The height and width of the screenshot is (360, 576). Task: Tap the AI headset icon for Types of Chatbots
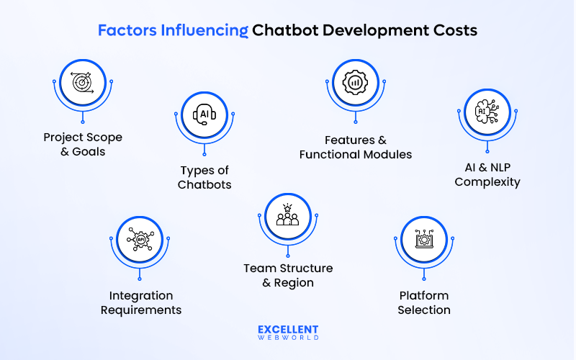[x=204, y=114]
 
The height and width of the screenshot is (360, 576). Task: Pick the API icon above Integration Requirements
[x=140, y=238]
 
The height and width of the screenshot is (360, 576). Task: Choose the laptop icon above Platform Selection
[x=425, y=238]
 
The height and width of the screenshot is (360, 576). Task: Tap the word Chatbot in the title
[x=284, y=31]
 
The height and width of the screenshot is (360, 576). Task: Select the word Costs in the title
[x=454, y=31]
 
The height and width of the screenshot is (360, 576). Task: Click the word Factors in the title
[x=121, y=31]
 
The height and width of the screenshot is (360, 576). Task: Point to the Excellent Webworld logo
[x=288, y=332]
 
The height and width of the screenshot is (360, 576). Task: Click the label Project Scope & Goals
[x=83, y=144]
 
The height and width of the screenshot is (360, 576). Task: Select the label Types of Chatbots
[x=205, y=177]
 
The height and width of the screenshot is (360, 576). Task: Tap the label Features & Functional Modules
[x=356, y=147]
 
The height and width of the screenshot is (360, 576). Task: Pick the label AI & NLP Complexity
[x=487, y=174]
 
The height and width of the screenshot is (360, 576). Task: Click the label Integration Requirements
[x=141, y=302]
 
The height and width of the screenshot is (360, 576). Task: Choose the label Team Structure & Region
[x=288, y=275]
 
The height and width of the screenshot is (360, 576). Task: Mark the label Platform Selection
[x=425, y=302]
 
